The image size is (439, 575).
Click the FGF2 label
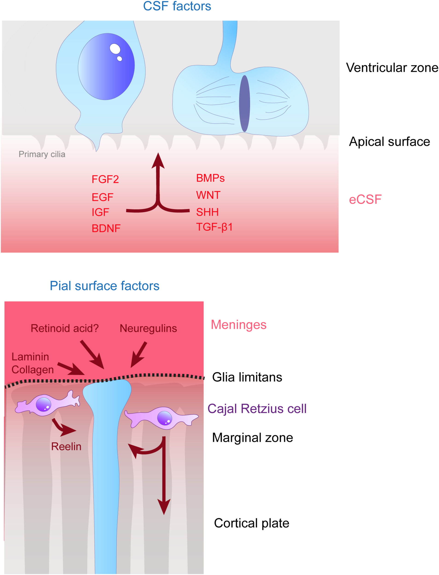pyautogui.click(x=105, y=179)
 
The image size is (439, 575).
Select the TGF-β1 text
pyautogui.click(x=214, y=227)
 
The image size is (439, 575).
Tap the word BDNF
pyautogui.click(x=106, y=229)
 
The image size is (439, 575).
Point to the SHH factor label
pyautogui.click(x=207, y=212)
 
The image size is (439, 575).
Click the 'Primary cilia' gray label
pyautogui.click(x=42, y=154)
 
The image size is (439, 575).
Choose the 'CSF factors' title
pyautogui.click(x=177, y=6)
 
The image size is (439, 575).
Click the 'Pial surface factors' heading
pyautogui.click(x=104, y=286)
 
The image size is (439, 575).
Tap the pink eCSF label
pyautogui.click(x=365, y=200)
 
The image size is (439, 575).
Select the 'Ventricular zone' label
pyautogui.click(x=392, y=68)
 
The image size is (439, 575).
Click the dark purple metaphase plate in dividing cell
pyautogui.click(x=244, y=103)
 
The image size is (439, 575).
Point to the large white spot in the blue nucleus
pyautogui.click(x=115, y=49)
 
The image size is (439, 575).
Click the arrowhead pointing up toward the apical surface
pyautogui.click(x=158, y=161)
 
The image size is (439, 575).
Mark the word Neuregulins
pyautogui.click(x=148, y=328)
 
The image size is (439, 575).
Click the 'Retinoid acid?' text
pyautogui.click(x=65, y=328)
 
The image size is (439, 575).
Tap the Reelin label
pyautogui.click(x=66, y=446)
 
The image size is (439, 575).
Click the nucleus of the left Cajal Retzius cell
pyautogui.click(x=43, y=404)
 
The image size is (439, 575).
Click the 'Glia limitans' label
pyautogui.click(x=247, y=377)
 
